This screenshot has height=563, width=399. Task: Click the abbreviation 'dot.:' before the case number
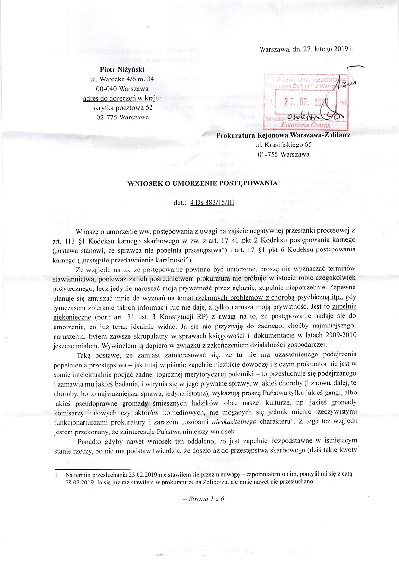[x=180, y=203]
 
